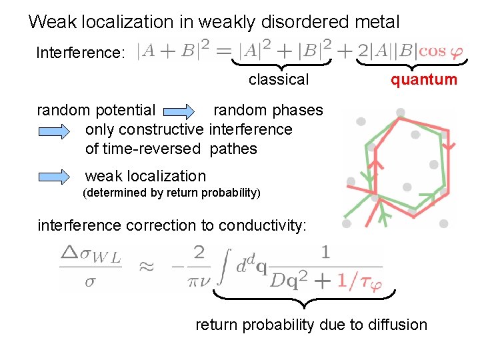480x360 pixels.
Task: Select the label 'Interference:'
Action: coord(80,53)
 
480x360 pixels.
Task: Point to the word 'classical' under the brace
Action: coord(279,80)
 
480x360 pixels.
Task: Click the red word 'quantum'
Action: coord(424,80)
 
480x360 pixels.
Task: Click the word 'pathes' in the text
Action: coord(233,149)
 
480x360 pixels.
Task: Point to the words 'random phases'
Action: coord(268,110)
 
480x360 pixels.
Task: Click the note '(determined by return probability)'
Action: coord(170,194)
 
